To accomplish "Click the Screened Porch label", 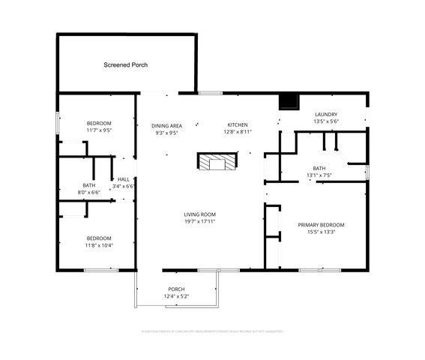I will pyautogui.click(x=125, y=65).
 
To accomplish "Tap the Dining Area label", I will pyautogui.click(x=166, y=125).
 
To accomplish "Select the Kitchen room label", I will pyautogui.click(x=238, y=124).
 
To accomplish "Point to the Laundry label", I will pyautogui.click(x=325, y=114).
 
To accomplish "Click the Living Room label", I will pyautogui.click(x=200, y=214).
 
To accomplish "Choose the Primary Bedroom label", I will pyautogui.click(x=321, y=225).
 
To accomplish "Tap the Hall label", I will pyautogui.click(x=124, y=179).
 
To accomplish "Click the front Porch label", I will pyautogui.click(x=176, y=289).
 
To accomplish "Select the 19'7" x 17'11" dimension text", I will pyautogui.click(x=200, y=222).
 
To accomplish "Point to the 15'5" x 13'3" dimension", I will pyautogui.click(x=321, y=232).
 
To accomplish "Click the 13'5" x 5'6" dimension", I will pyautogui.click(x=325, y=121).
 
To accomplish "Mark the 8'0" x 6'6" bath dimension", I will pyautogui.click(x=88, y=193).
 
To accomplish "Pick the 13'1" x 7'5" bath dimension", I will pyautogui.click(x=319, y=175).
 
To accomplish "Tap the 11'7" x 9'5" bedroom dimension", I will pyautogui.click(x=98, y=130).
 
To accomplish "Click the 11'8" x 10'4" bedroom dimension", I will pyautogui.click(x=98, y=245).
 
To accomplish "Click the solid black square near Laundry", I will pyautogui.click(x=288, y=102).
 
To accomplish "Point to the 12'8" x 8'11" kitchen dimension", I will pyautogui.click(x=238, y=132).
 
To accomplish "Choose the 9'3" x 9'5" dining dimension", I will pyautogui.click(x=166, y=133).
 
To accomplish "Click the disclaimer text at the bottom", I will pyautogui.click(x=212, y=331).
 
